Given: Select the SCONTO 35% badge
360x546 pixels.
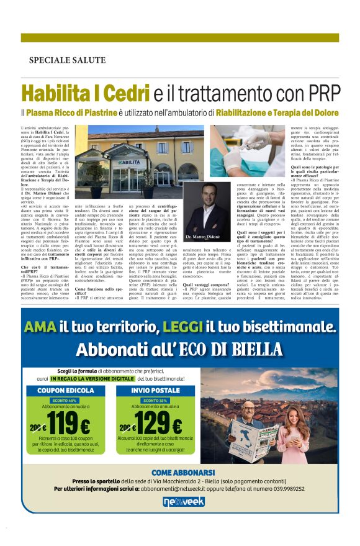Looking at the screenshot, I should tap(153, 401).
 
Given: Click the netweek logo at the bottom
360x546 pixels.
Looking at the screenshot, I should tap(180, 501).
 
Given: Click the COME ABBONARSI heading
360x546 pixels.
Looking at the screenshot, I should tap(180, 473).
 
